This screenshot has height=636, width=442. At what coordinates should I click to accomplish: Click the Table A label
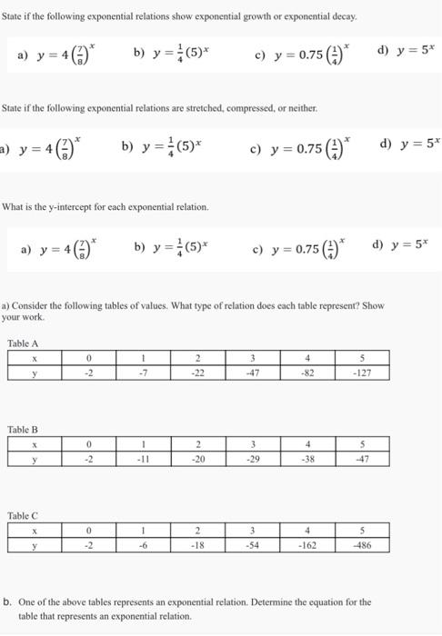point(23,343)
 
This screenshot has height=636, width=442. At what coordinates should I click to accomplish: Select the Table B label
point(23,430)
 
